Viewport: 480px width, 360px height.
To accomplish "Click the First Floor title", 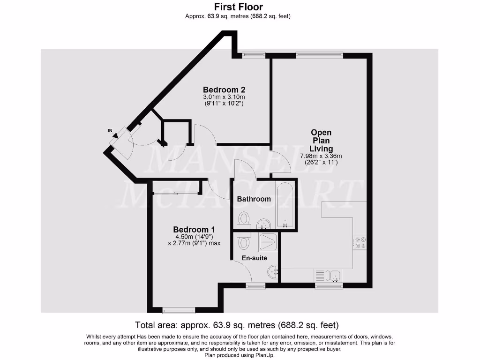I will (239, 7).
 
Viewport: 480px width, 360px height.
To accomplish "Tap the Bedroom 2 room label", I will (224, 90).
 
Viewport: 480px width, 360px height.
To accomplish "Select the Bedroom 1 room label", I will (194, 229).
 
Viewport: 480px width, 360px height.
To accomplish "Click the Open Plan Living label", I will (321, 141).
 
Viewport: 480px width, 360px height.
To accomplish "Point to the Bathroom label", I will (254, 199).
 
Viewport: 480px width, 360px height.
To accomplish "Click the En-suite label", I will (255, 258).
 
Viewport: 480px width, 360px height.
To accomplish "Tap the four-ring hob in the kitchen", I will (361, 242).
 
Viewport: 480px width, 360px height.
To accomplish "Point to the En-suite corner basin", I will (274, 271).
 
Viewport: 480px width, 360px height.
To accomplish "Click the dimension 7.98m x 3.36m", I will (321, 156).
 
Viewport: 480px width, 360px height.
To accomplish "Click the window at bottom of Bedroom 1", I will (178, 310).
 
